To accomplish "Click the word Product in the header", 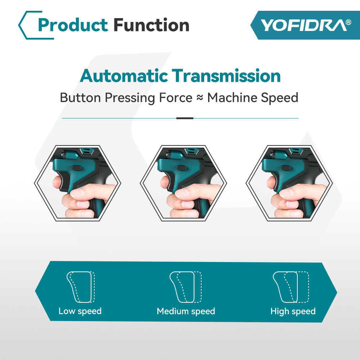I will coord(73,25).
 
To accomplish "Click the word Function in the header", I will coord(151,25).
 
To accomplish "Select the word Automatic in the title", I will coord(124,76).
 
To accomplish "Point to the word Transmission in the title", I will coord(226,76).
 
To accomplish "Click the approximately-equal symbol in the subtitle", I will coord(200,98).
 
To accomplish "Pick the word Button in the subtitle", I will coord(81,98).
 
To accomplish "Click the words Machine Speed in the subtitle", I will coord(253,98).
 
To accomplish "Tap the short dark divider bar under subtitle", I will coord(185,118).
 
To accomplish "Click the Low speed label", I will coord(80,311).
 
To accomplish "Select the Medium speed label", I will coord(186,311).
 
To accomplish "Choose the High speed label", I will coord(293,311).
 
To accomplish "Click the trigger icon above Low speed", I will coord(81,287).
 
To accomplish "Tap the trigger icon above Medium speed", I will coord(185,287).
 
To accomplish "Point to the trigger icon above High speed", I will coord(291,287).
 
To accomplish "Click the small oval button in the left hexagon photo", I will coord(76,168).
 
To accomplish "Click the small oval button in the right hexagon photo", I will coord(286,168).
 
